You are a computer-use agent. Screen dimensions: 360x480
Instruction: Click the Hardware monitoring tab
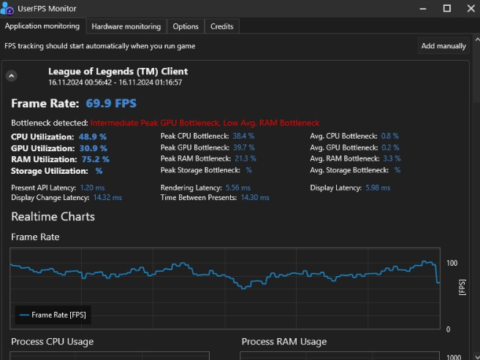[126, 26]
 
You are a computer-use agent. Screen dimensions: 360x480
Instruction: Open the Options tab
[186, 26]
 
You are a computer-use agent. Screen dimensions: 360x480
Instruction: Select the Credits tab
[221, 26]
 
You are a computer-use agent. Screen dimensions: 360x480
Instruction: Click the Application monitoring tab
[42, 26]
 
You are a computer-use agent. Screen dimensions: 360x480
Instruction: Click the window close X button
[468, 8]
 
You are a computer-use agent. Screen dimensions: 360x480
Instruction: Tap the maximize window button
[447, 8]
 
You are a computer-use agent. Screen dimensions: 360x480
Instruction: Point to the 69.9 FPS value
[110, 104]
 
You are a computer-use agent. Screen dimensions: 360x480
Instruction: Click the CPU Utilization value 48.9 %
[93, 137]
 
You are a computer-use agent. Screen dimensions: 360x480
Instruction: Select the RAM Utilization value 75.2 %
[95, 158]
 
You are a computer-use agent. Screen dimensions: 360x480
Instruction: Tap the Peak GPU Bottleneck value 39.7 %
[243, 148]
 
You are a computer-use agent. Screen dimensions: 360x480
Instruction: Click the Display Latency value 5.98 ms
[377, 188]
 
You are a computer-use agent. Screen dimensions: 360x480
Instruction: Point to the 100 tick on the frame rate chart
[452, 263]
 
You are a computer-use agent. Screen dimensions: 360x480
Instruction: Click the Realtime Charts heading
[53, 216]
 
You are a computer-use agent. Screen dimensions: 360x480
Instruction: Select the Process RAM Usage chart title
[283, 342]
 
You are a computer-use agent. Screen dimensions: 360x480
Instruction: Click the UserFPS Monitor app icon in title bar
[8, 8]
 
